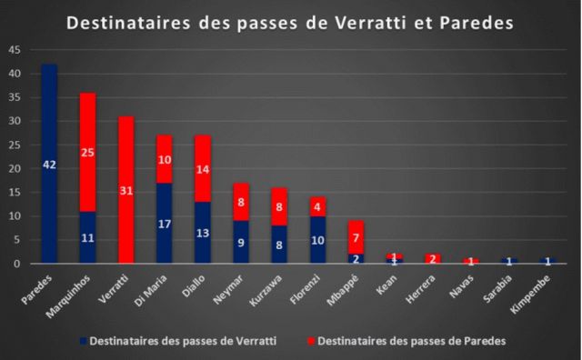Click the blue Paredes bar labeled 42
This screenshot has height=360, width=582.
[x=49, y=164]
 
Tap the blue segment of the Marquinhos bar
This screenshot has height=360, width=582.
[x=87, y=237]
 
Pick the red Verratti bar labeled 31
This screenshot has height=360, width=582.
[x=125, y=190]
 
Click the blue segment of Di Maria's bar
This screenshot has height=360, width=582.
[x=164, y=223]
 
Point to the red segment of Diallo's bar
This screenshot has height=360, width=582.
[x=202, y=168]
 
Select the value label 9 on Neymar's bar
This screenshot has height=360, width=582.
[x=240, y=242]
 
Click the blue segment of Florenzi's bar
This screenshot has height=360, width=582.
[x=316, y=240]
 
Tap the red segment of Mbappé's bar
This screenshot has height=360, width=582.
[x=355, y=236]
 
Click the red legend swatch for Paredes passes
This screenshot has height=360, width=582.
[x=312, y=341]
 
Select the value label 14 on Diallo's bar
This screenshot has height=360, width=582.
[x=202, y=169]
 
